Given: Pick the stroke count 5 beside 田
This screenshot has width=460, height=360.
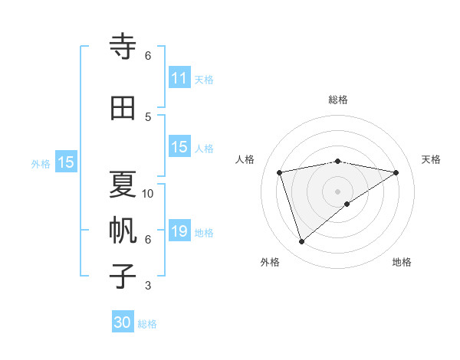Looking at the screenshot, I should click(x=148, y=116).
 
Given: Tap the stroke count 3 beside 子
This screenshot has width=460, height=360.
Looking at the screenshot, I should click(x=148, y=286).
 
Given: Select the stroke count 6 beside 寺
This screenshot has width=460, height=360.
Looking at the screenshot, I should click(x=148, y=56).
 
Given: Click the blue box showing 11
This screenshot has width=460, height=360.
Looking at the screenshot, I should click(x=179, y=78).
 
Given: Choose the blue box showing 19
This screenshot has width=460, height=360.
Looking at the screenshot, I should click(x=179, y=231).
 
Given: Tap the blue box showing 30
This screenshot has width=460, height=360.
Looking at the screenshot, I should click(x=123, y=322).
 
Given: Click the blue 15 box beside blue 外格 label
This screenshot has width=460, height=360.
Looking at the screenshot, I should click(x=66, y=162).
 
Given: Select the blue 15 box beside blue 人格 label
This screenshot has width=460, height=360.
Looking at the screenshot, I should click(x=179, y=147).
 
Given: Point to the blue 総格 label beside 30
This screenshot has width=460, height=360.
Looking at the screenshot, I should click(x=148, y=324).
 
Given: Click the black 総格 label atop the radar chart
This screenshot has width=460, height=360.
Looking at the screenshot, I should click(x=337, y=100).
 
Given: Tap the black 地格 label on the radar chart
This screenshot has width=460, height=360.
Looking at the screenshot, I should click(x=402, y=262).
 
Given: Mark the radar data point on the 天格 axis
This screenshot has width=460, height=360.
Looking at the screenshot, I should click(x=396, y=172).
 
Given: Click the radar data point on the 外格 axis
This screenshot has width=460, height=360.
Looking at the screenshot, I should click(x=301, y=242).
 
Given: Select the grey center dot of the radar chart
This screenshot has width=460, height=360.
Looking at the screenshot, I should click(x=337, y=191).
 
